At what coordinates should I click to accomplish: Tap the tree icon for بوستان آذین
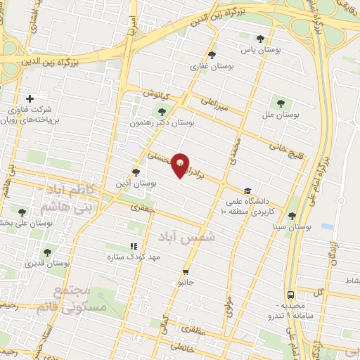click(x=136, y=171)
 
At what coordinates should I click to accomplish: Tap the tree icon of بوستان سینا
click(x=292, y=216)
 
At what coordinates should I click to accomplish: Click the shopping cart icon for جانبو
click(x=186, y=271)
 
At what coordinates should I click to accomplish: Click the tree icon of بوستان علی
click(x=22, y=212)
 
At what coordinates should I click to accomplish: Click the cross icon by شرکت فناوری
click(x=29, y=98)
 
